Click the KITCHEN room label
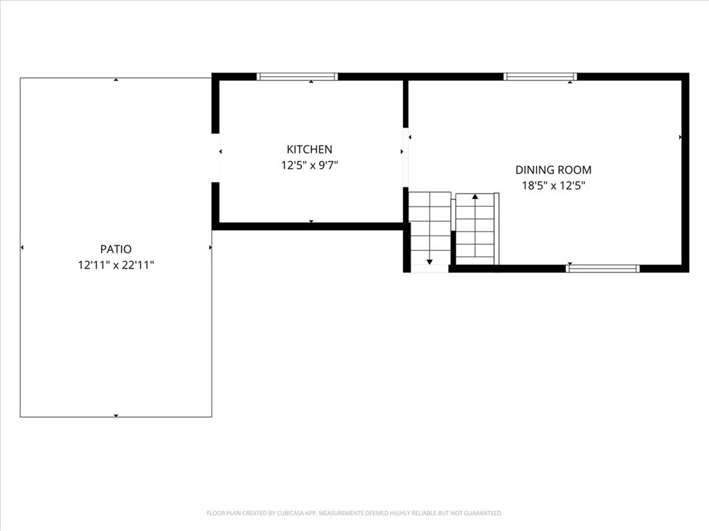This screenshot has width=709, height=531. point(309,149)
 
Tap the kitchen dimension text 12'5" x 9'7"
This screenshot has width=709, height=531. point(309,165)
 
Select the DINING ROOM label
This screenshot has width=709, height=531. point(553,169)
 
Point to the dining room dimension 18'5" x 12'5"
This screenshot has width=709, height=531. point(553,185)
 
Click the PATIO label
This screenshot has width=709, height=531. point(116,249)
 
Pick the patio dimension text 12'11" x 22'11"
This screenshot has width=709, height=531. point(116,265)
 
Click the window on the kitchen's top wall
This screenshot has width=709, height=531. point(297,77)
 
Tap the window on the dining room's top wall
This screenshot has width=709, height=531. point(540,77)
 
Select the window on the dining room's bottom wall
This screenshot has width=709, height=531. point(602,268)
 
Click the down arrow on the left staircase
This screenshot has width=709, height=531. point(429,261)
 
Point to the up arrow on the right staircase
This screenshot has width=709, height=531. point(475,197)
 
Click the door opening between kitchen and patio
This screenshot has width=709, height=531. point(216,158)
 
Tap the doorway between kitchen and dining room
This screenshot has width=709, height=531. point(406,158)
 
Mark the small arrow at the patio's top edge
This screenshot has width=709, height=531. point(116,80)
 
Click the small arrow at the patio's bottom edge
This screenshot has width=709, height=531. point(116,416)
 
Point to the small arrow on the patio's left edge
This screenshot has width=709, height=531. point(22,248)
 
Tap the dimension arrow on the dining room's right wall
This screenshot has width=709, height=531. point(680,138)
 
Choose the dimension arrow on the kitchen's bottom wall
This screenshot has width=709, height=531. point(311,221)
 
